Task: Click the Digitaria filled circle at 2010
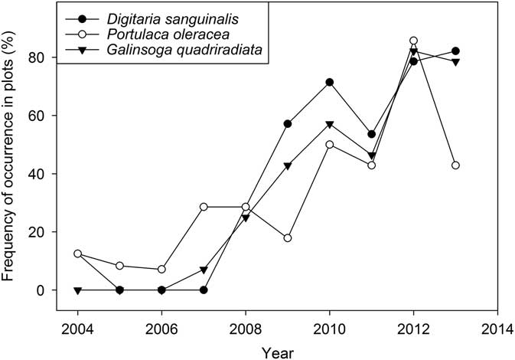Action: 330,82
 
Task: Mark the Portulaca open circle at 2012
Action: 414,41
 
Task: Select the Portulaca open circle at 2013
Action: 455,165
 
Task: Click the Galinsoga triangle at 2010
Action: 330,124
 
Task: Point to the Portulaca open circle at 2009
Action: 288,238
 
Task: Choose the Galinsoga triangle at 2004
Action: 78,290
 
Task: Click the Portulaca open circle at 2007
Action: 204,207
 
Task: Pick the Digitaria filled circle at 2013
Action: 455,51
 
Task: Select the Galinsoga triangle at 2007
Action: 204,270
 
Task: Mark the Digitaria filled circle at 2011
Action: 372,134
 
